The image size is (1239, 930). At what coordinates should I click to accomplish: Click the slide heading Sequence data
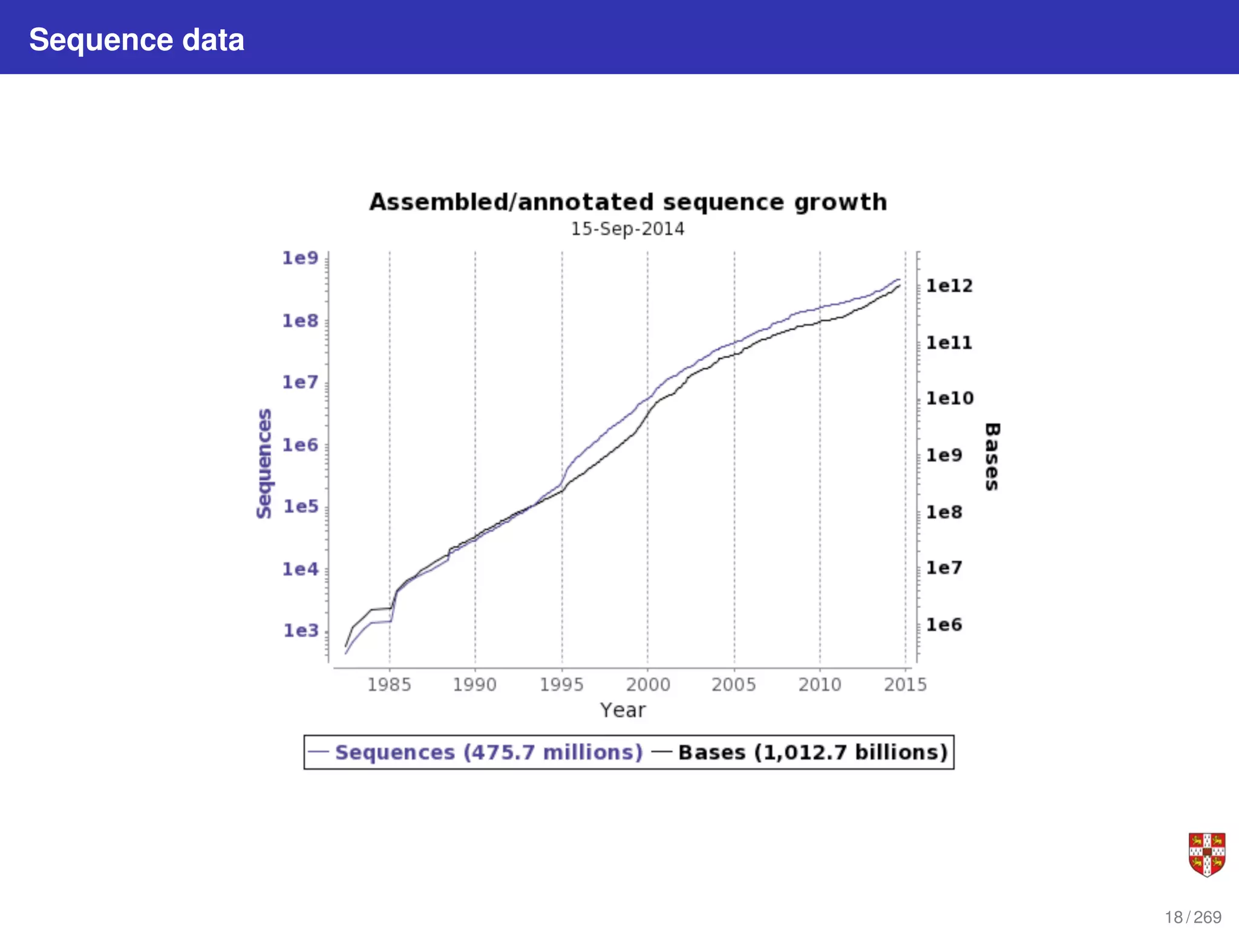tap(137, 40)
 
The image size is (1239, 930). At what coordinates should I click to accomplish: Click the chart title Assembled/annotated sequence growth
tap(628, 202)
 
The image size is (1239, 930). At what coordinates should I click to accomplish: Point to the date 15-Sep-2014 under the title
tap(627, 229)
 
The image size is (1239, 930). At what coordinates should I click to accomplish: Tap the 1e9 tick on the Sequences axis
tap(300, 258)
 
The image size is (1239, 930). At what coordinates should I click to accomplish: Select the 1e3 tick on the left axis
tap(301, 631)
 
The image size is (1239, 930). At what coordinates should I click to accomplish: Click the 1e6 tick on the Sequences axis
tap(300, 445)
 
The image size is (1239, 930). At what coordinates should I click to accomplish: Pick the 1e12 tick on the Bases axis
tap(949, 286)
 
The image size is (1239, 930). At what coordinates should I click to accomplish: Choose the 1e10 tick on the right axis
tap(950, 398)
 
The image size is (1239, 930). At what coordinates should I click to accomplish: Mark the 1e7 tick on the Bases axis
tap(944, 568)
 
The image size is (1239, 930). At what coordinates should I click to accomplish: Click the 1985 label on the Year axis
tap(389, 685)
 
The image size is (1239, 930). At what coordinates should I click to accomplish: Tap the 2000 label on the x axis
tap(648, 685)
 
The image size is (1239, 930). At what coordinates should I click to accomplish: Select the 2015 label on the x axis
tap(905, 685)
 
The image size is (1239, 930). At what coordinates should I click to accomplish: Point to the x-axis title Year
tap(623, 710)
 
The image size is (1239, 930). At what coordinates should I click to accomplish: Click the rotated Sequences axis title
tap(264, 463)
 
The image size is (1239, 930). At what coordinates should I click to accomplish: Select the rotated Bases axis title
tap(992, 457)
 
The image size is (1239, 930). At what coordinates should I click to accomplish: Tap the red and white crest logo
tap(1206, 854)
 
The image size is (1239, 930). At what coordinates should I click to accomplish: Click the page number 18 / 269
tap(1193, 917)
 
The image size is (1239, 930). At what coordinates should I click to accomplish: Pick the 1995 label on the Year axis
tap(561, 685)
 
